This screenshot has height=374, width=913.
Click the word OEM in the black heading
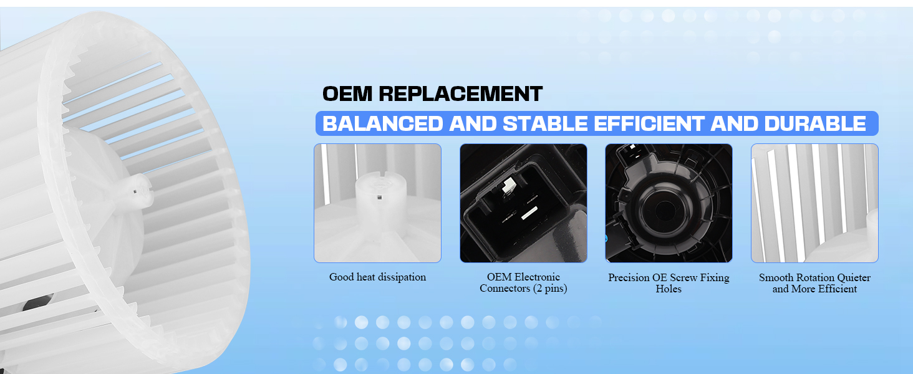[x=347, y=93]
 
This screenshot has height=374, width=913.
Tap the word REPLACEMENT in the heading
[x=461, y=93]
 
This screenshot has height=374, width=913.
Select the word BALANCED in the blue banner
[x=383, y=124]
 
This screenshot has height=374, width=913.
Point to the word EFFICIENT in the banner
[x=649, y=124]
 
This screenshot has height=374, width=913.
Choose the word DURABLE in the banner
[x=814, y=124]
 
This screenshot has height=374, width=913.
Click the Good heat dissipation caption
[x=377, y=277]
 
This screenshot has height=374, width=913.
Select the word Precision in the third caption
[x=629, y=277]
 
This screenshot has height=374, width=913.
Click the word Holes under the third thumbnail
[x=669, y=289]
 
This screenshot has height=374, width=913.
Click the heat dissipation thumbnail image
[x=377, y=203]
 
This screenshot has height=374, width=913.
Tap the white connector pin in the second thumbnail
[x=508, y=185]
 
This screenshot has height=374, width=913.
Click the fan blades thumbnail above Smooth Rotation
[x=814, y=203]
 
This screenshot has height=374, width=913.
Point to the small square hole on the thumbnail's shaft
[x=379, y=197]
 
